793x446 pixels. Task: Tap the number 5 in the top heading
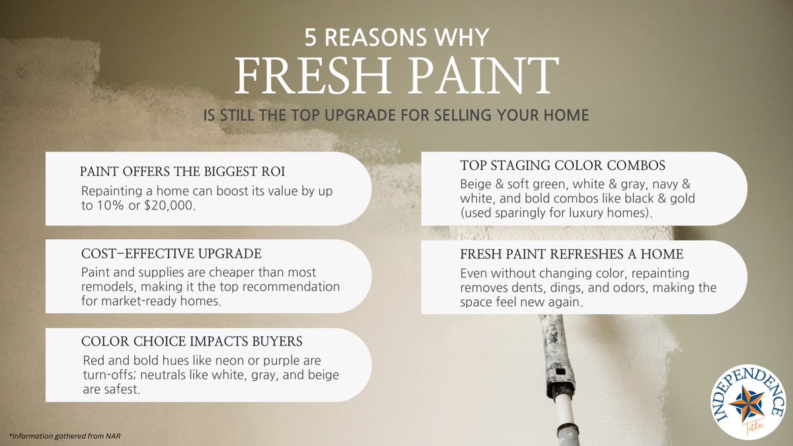click(x=311, y=38)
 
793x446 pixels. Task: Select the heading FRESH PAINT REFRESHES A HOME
click(x=571, y=254)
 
